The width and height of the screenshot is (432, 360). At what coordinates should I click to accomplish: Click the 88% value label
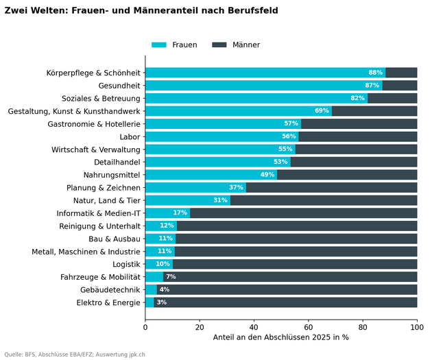click(376, 73)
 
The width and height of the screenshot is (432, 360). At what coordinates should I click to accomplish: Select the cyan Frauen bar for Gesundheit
click(264, 86)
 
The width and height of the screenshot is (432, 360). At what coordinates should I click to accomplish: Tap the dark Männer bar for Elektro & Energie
click(285, 302)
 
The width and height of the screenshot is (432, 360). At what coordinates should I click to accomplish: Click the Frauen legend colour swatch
click(159, 45)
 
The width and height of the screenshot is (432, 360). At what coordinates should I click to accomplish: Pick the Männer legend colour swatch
click(219, 45)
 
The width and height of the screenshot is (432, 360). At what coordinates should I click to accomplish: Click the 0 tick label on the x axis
click(145, 327)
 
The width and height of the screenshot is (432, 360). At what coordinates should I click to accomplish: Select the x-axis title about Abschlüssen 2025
click(280, 337)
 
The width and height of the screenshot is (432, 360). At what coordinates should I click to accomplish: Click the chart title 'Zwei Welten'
click(141, 10)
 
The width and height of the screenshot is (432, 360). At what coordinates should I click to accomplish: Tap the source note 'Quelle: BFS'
click(75, 355)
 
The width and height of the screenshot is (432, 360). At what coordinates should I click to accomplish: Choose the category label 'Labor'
click(130, 137)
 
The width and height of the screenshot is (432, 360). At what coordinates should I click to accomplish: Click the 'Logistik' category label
click(126, 265)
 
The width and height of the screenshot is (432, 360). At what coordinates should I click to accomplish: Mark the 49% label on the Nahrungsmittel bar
click(267, 175)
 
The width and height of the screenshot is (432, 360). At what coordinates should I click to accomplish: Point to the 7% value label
click(171, 276)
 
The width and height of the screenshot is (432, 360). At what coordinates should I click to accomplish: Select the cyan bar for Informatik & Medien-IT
click(168, 213)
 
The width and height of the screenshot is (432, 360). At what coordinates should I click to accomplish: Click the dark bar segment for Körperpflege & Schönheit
click(401, 73)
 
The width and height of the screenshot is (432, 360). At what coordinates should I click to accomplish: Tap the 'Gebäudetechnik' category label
click(110, 290)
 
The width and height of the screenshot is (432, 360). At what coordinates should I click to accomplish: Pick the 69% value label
click(322, 110)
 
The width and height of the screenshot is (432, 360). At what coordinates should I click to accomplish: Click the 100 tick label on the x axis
click(417, 327)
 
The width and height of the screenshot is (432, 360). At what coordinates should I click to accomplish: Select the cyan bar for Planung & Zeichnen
click(195, 188)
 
